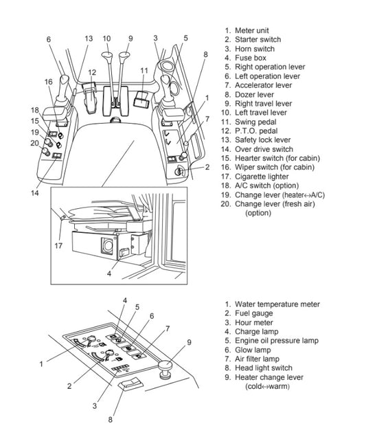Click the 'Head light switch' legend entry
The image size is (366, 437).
pyautogui.click(x=262, y=368)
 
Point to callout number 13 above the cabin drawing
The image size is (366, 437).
pyautogui.click(x=88, y=39)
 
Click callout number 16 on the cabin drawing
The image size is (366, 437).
pyautogui.click(x=47, y=82)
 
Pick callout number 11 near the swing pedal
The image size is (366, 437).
pyautogui.click(x=144, y=71)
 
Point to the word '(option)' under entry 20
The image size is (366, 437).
pyautogui.click(x=258, y=213)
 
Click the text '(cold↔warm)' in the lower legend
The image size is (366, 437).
pyautogui.click(x=268, y=386)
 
